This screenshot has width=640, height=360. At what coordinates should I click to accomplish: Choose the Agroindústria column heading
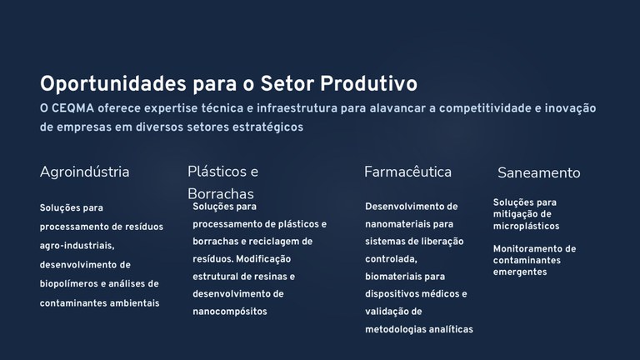pos(84,172)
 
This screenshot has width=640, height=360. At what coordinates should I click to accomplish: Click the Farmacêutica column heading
pos(407,172)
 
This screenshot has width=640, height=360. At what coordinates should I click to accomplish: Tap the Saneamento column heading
pos(538,173)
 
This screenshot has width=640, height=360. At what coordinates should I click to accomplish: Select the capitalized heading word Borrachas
pos(221,194)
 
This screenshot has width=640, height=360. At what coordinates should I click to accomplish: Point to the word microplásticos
pos(526,226)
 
